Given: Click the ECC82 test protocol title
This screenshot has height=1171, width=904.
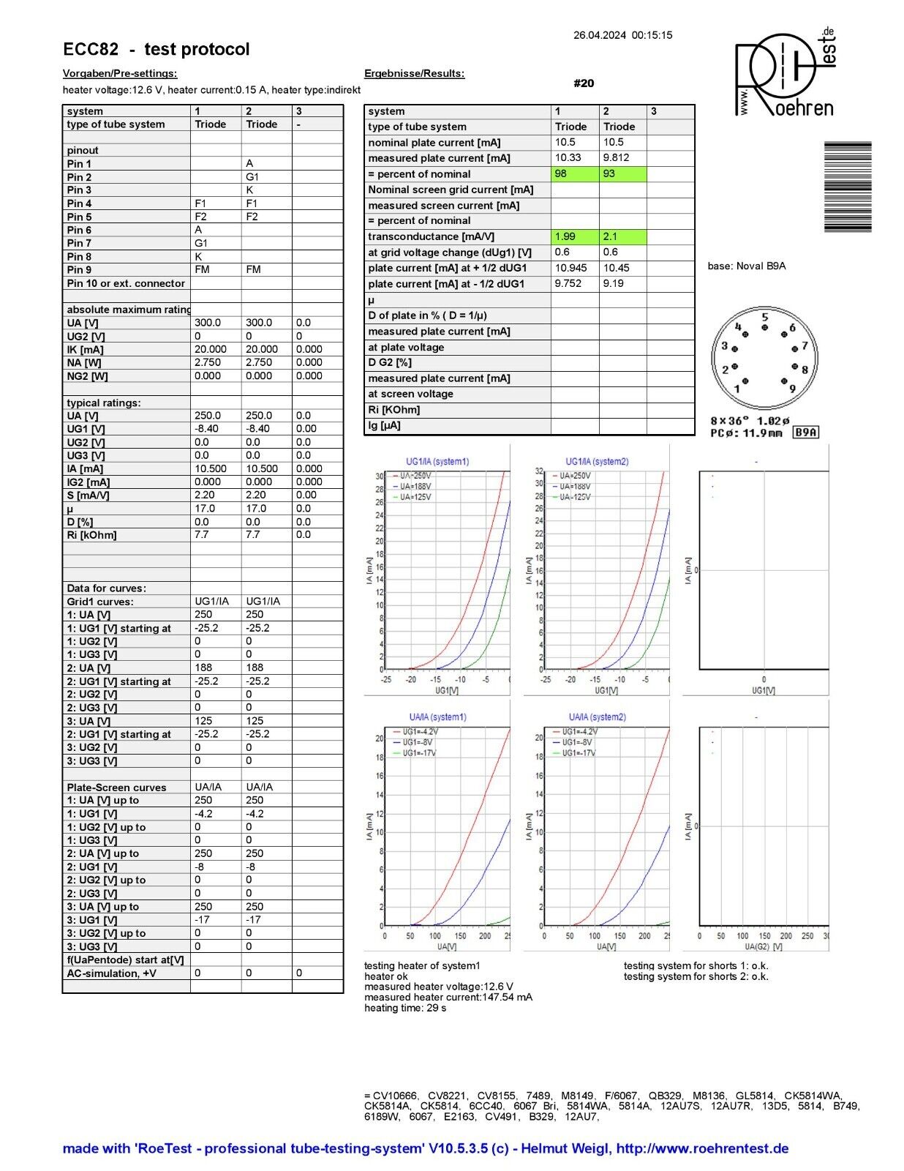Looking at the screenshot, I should click(x=156, y=49).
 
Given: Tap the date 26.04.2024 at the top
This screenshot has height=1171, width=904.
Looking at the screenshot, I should click(x=599, y=34).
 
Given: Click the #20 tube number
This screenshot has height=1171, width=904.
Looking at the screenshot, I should click(x=584, y=83).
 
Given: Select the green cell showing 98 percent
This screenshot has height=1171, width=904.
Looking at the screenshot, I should click(x=575, y=174).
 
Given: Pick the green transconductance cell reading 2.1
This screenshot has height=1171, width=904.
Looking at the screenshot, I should click(x=622, y=236).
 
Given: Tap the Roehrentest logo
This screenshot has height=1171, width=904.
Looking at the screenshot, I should click(x=785, y=73).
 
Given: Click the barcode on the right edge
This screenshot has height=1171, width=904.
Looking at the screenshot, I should click(x=848, y=187).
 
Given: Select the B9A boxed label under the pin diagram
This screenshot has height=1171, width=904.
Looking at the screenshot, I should click(x=806, y=433).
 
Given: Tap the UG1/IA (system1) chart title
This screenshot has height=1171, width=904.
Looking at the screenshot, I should click(x=437, y=462).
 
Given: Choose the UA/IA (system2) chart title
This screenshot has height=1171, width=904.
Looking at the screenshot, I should click(x=597, y=717).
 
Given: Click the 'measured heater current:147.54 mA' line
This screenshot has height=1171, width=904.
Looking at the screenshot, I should click(x=448, y=998).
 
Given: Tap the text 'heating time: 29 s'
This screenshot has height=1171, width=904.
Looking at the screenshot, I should click(x=405, y=1009).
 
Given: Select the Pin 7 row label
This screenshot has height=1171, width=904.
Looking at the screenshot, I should click(x=79, y=243).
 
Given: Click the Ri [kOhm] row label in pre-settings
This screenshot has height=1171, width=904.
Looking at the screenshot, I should click(x=91, y=535).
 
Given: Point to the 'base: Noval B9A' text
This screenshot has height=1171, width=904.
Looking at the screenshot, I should click(x=746, y=266).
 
